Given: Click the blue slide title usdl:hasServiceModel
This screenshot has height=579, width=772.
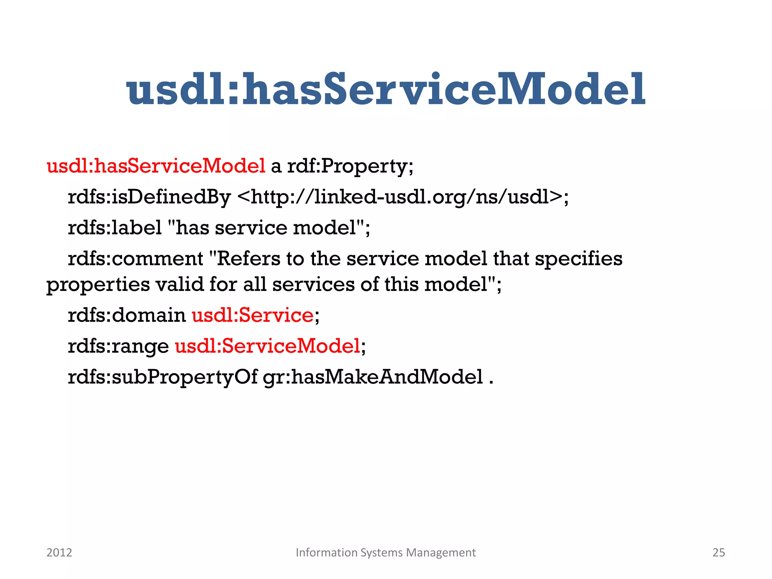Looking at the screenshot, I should (386, 89).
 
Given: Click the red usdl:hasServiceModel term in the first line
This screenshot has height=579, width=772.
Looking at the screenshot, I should (156, 166).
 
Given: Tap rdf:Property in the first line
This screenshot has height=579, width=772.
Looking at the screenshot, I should (350, 166).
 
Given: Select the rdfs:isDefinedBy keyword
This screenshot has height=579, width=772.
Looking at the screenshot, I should (149, 197).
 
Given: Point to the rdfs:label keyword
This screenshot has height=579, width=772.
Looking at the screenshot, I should (115, 228).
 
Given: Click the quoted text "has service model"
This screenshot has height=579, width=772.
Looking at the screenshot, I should (266, 228).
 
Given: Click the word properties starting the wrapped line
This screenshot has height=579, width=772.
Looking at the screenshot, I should (98, 284).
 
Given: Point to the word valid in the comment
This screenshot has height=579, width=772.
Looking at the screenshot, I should (180, 284).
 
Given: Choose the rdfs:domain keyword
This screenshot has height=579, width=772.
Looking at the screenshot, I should (127, 315).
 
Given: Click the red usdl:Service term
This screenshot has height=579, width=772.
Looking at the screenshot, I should (253, 315).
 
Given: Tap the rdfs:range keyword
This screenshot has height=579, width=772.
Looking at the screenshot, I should (118, 346).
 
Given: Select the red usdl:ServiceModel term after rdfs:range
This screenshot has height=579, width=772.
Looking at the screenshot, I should (268, 346).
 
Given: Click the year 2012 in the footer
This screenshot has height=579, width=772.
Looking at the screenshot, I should (59, 553).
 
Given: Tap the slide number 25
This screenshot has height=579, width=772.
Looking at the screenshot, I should (718, 553).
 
